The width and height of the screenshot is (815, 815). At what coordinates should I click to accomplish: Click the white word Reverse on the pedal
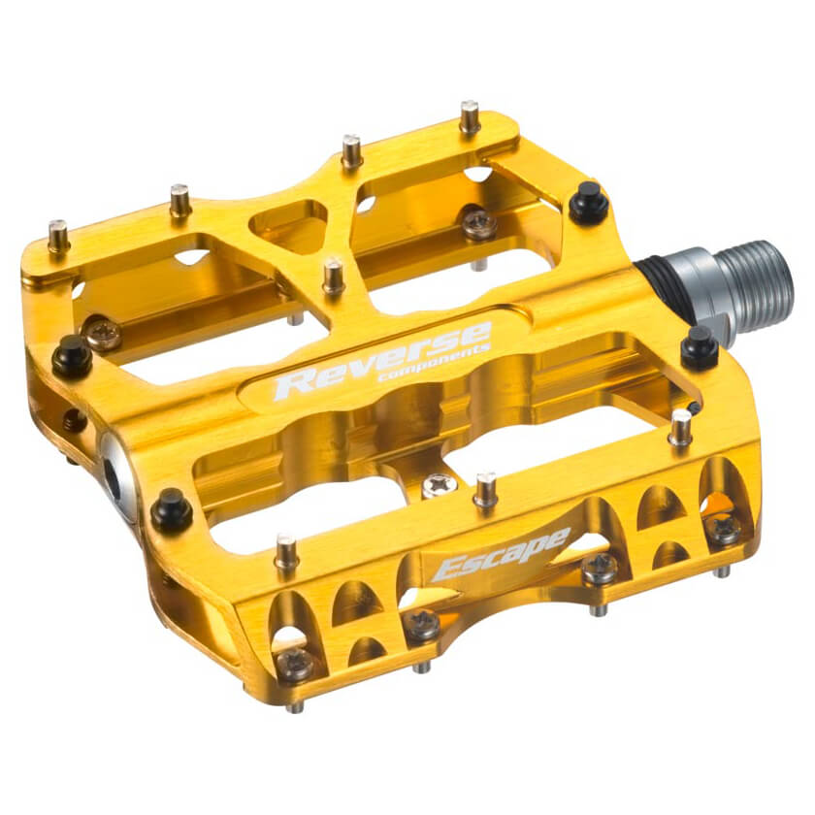pos(382,360)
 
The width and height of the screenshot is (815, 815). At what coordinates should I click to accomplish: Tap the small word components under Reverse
pos(434,363)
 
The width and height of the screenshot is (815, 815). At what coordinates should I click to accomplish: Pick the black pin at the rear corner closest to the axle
pos(589,202)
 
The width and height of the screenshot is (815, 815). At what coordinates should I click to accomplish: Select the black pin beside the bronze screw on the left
pos(72,355)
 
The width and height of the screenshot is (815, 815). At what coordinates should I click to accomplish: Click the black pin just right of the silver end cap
pos(172,509)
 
